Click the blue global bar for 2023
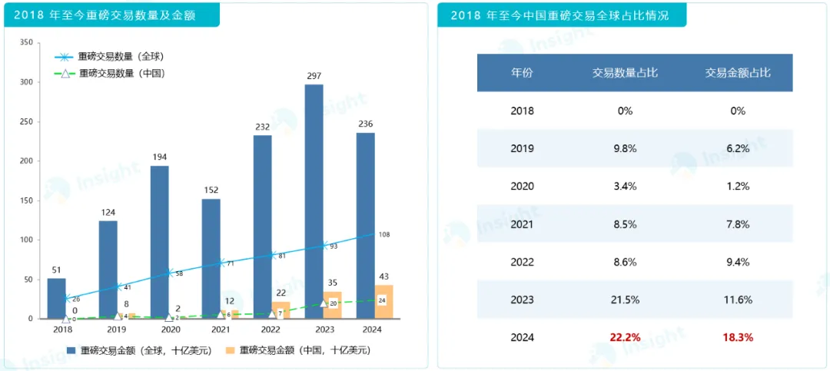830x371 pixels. [314, 184]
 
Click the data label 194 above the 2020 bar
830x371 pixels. [159, 157]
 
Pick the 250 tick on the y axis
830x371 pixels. [26, 121]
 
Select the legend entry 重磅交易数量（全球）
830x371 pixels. [121, 57]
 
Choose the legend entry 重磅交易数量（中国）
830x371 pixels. [122, 74]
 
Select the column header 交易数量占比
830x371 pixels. [624, 73]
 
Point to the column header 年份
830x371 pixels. [522, 73]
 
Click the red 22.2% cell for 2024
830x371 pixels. [624, 337]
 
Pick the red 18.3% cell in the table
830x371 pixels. [738, 337]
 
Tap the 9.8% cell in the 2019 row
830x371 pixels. [624, 148]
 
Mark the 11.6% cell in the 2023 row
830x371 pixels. [738, 300]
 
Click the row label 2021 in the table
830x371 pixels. [522, 224]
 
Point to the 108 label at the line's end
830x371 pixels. [384, 234]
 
